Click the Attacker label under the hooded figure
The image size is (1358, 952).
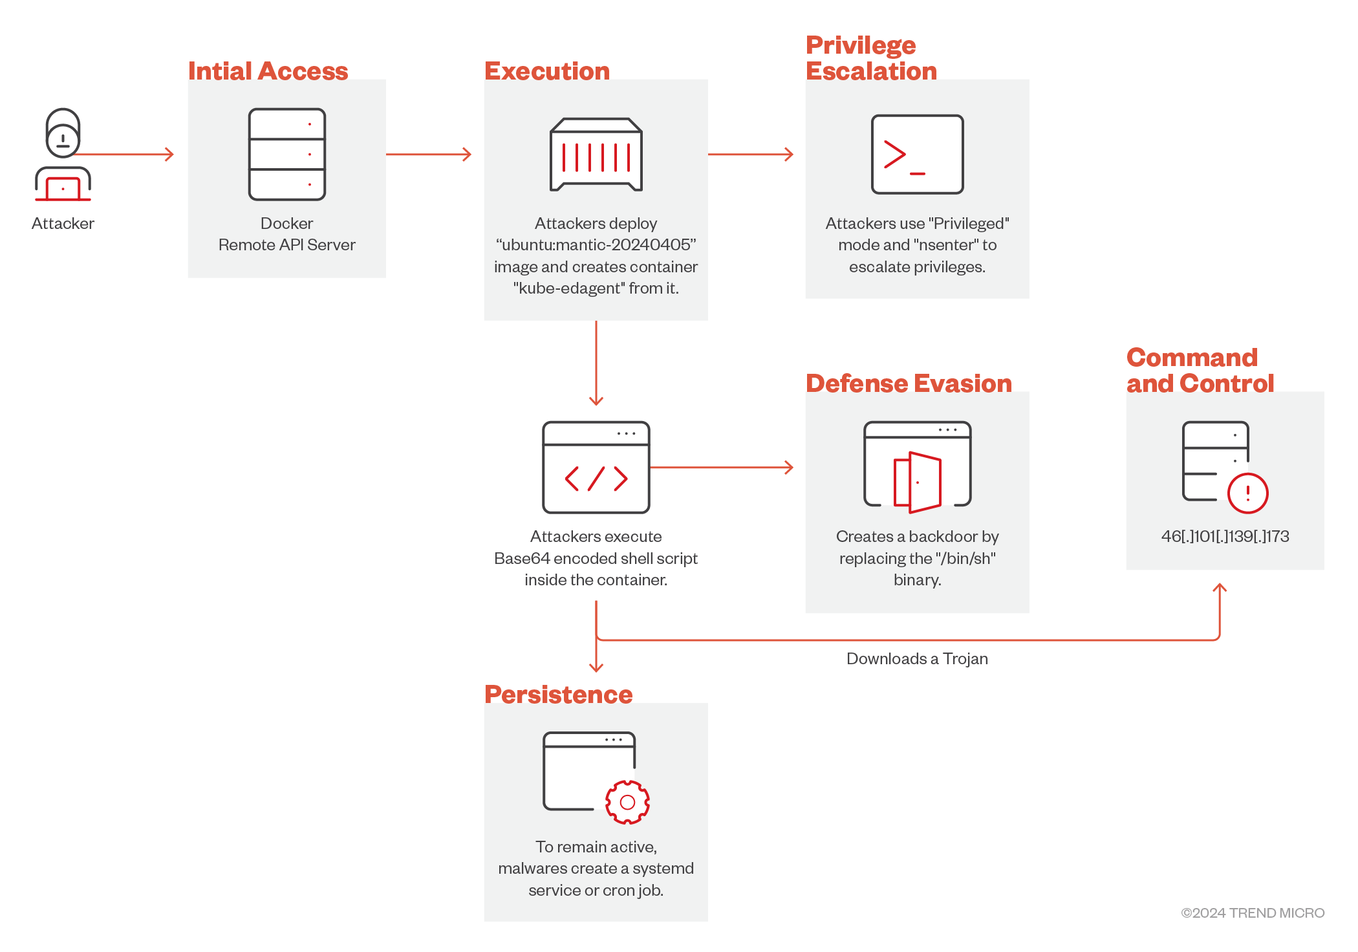click(63, 224)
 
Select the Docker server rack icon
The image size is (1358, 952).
click(286, 154)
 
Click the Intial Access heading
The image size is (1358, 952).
click(268, 71)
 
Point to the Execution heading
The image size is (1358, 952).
click(546, 71)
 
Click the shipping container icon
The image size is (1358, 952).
click(596, 155)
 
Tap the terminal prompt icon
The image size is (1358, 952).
click(917, 155)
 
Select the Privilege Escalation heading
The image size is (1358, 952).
click(870, 58)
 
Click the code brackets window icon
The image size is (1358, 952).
click(596, 467)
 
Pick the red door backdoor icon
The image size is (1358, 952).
click(917, 482)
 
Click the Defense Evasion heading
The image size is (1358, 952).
click(908, 384)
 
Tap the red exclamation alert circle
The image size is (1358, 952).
click(1247, 493)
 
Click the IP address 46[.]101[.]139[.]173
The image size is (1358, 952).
click(1225, 536)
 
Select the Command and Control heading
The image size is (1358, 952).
click(1200, 371)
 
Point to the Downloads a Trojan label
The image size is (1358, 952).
click(917, 658)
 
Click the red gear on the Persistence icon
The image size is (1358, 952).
click(627, 803)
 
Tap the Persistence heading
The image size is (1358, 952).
click(558, 695)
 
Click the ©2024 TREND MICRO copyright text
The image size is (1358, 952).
click(1252, 913)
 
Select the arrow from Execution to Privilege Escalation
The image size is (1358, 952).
click(750, 155)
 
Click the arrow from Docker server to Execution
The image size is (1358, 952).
click(428, 155)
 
